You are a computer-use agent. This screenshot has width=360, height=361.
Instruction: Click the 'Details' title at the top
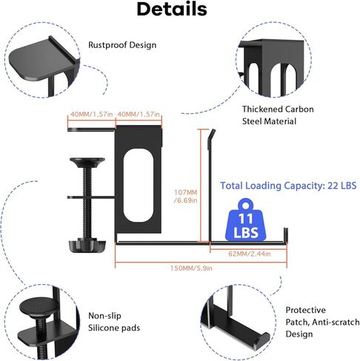pyautogui.click(x=172, y=9)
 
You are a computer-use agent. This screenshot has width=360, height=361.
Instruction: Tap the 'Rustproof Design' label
pyautogui.click(x=122, y=45)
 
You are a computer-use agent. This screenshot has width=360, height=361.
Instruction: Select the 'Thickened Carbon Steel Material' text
pyautogui.click(x=278, y=115)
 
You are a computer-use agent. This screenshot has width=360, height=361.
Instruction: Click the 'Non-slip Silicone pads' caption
pyautogui.click(x=114, y=322)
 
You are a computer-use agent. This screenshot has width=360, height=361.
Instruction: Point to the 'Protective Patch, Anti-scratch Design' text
pyautogui.click(x=322, y=322)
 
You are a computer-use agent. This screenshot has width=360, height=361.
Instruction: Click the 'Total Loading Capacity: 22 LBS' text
pyautogui.click(x=288, y=186)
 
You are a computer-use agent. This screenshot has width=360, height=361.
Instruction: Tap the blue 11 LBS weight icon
pyautogui.click(x=246, y=220)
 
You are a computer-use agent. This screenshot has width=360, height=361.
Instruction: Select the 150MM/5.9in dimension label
pyautogui.click(x=191, y=268)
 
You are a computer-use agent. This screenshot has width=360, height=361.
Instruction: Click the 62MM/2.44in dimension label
pyautogui.click(x=250, y=254)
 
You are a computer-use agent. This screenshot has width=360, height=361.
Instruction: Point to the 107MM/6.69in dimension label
pyautogui.click(x=186, y=196)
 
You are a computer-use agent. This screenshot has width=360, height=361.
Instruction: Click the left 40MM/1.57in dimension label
pyautogui.click(x=91, y=114)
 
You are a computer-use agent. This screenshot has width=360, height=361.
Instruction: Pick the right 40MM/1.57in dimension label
pyautogui.click(x=139, y=114)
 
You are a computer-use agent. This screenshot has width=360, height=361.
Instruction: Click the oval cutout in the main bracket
pyautogui.click(x=139, y=185)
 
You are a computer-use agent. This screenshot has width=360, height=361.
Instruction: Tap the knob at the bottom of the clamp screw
pyautogui.click(x=87, y=246)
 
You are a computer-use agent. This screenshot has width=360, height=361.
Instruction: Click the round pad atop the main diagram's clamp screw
pyautogui.click(x=87, y=162)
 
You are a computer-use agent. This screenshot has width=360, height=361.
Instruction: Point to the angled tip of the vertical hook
pyautogui.click(x=212, y=135)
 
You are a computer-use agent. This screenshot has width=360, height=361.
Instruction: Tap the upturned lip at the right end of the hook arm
pyautogui.click(x=286, y=236)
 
